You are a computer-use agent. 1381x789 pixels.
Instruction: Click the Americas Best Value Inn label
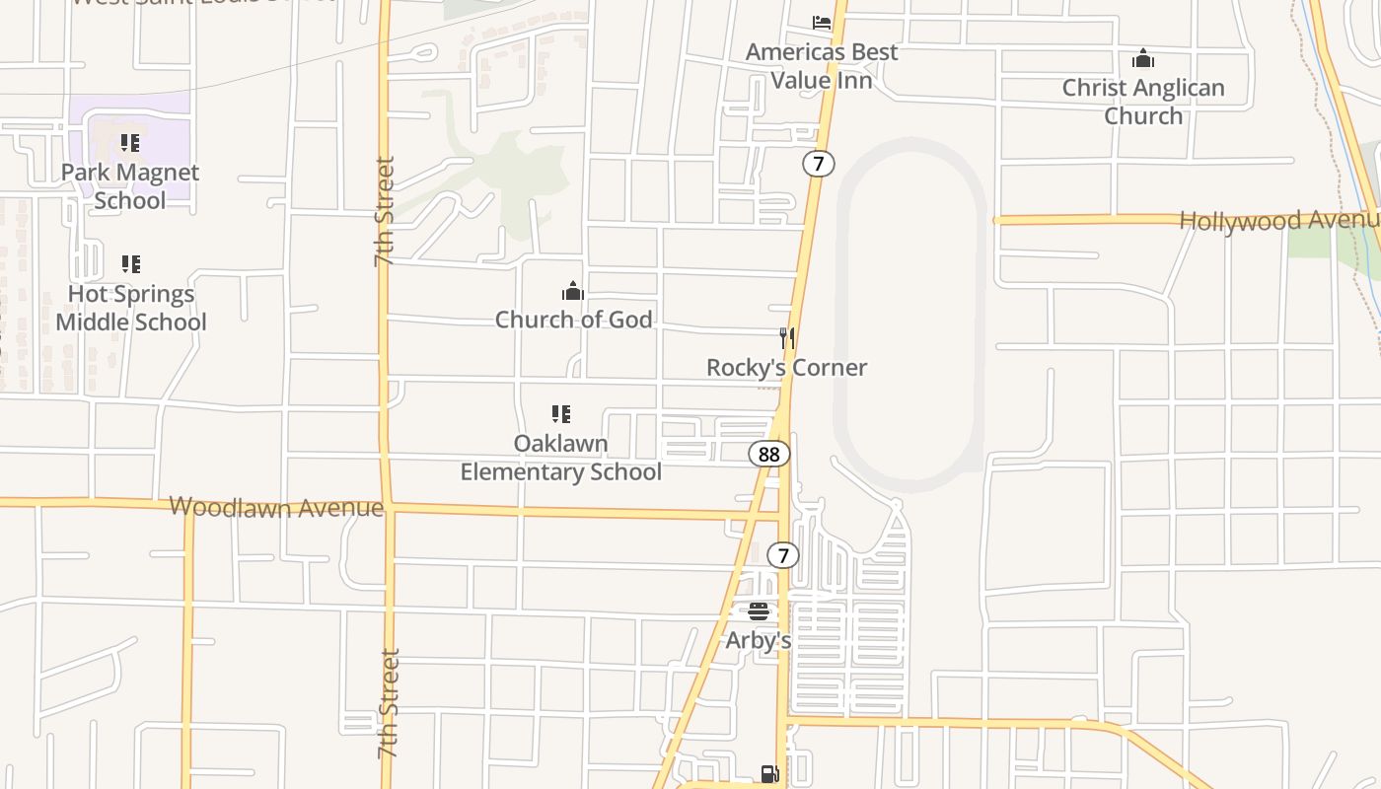click(822, 66)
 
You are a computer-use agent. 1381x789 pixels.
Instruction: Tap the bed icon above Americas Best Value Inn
click(822, 22)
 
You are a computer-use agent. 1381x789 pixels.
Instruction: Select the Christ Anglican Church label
click(1143, 102)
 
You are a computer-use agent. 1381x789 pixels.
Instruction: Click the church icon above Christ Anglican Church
click(1143, 59)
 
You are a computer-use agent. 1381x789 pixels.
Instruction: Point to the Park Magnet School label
click(130, 186)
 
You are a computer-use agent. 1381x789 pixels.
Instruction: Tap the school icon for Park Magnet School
click(130, 143)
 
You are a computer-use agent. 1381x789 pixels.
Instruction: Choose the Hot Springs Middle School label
click(131, 308)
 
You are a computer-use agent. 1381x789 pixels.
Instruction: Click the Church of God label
click(573, 320)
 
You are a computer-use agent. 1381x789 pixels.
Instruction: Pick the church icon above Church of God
click(573, 291)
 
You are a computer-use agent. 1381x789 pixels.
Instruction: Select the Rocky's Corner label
click(786, 368)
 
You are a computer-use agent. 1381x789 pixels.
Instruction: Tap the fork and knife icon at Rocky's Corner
click(787, 338)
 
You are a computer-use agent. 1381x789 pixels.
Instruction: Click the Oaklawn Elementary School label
click(561, 458)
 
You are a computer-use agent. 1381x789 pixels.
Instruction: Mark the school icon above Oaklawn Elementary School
click(561, 414)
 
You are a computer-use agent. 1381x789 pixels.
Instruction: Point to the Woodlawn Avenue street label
click(276, 508)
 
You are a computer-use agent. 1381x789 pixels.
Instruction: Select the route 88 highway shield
click(769, 454)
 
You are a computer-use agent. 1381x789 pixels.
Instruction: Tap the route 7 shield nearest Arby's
click(783, 555)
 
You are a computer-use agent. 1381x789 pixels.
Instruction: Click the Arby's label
click(759, 640)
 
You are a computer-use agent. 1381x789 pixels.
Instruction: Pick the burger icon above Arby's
click(759, 612)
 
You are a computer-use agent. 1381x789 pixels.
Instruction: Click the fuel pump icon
click(770, 774)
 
